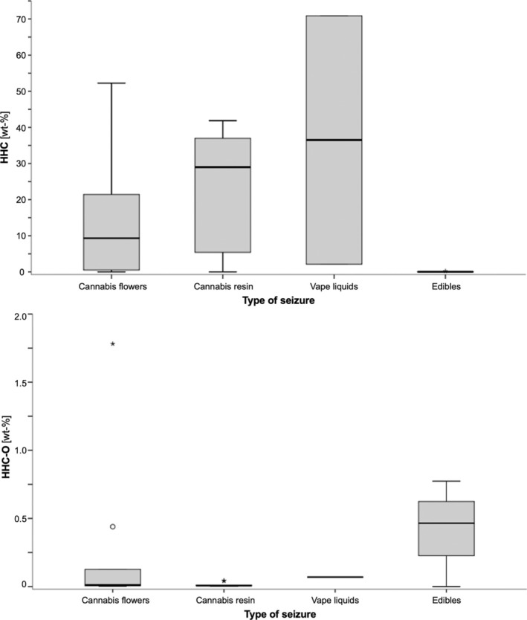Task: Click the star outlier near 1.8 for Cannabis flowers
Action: point(112,344)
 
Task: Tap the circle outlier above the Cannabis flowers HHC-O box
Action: point(112,526)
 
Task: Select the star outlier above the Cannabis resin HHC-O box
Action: point(224,581)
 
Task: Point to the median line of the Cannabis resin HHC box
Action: point(223,167)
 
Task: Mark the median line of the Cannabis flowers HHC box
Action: point(112,238)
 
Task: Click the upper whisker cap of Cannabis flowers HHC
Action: point(112,83)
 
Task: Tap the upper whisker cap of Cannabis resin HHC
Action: point(223,120)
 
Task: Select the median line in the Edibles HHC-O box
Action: point(446,523)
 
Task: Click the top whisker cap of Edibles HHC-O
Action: point(446,481)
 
